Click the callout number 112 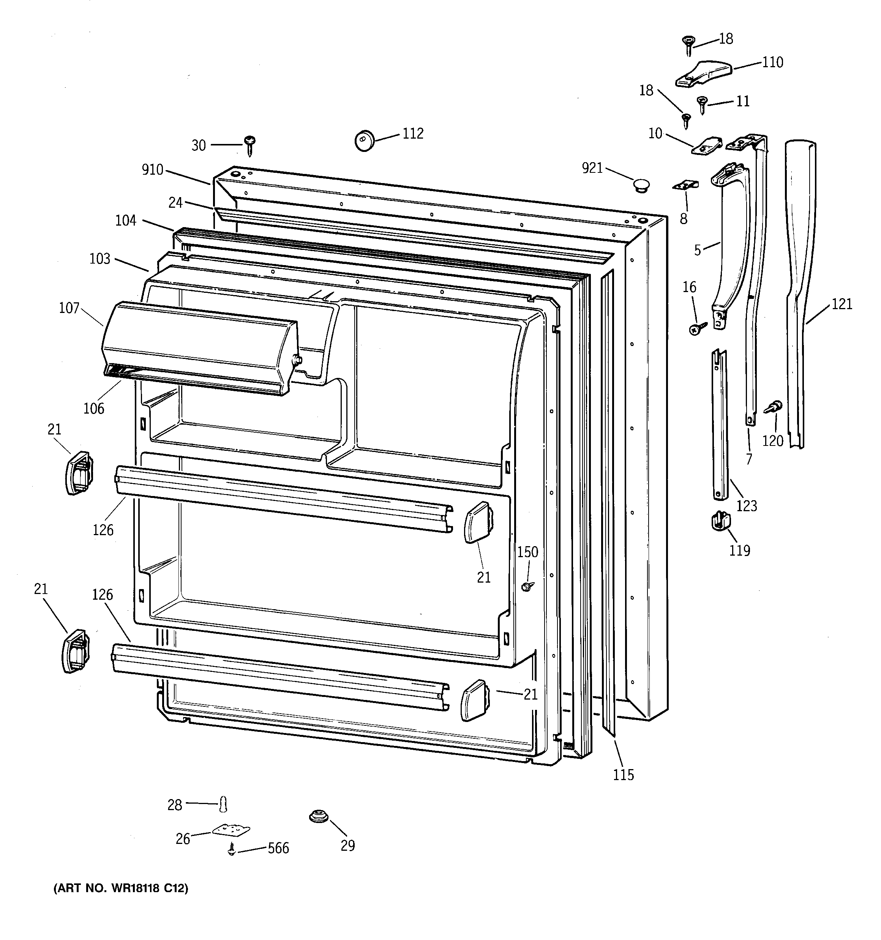tap(413, 134)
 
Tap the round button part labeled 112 tap(364, 141)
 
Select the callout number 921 tap(592, 168)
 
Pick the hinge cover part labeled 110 tap(703, 73)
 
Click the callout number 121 tap(842, 304)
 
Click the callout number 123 tap(747, 506)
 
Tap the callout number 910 tap(152, 170)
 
